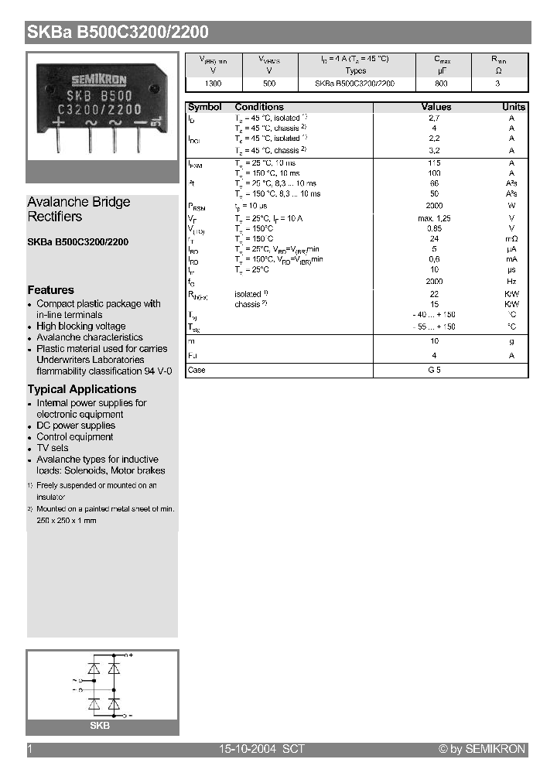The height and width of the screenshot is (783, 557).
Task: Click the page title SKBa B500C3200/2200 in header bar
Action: coord(118,32)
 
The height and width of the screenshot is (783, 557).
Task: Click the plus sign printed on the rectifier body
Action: coord(58,122)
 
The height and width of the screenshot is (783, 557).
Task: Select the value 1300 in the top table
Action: coord(213,83)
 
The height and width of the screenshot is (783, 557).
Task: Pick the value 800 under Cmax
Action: coord(441,83)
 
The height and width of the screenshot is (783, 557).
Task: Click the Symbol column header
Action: coord(204,107)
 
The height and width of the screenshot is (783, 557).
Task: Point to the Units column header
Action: coord(513,107)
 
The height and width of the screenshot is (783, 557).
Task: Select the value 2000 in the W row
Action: coord(434,207)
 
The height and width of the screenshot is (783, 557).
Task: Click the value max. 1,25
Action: coord(434,218)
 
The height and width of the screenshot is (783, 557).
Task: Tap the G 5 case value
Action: coord(434,371)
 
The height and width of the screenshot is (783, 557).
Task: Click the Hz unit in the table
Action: coord(511,282)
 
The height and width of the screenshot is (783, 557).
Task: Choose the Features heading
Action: coord(50,290)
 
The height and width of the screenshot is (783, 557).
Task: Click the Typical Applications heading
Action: coord(81,389)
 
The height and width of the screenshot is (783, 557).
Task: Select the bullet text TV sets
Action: coord(53,448)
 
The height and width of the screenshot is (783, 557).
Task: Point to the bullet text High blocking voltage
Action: coord(80,327)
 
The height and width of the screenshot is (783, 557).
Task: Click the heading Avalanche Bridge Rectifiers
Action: coord(78,209)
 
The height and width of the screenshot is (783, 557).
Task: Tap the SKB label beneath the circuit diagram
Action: coord(100,726)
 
